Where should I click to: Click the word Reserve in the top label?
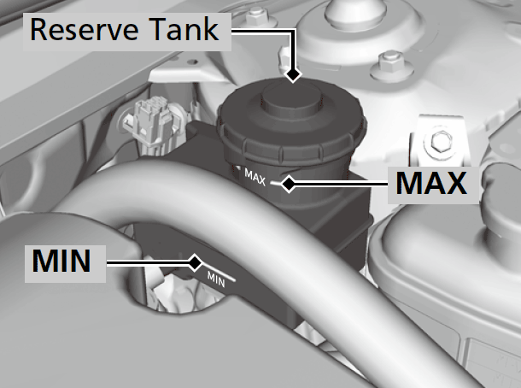[84, 29]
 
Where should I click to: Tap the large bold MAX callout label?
[431, 183]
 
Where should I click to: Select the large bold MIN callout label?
[61, 261]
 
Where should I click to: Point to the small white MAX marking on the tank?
[255, 177]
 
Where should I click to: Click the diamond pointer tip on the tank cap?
[293, 74]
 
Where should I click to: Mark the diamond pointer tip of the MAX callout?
[289, 184]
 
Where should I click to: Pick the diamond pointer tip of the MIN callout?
[196, 263]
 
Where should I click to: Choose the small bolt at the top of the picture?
[255, 16]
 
